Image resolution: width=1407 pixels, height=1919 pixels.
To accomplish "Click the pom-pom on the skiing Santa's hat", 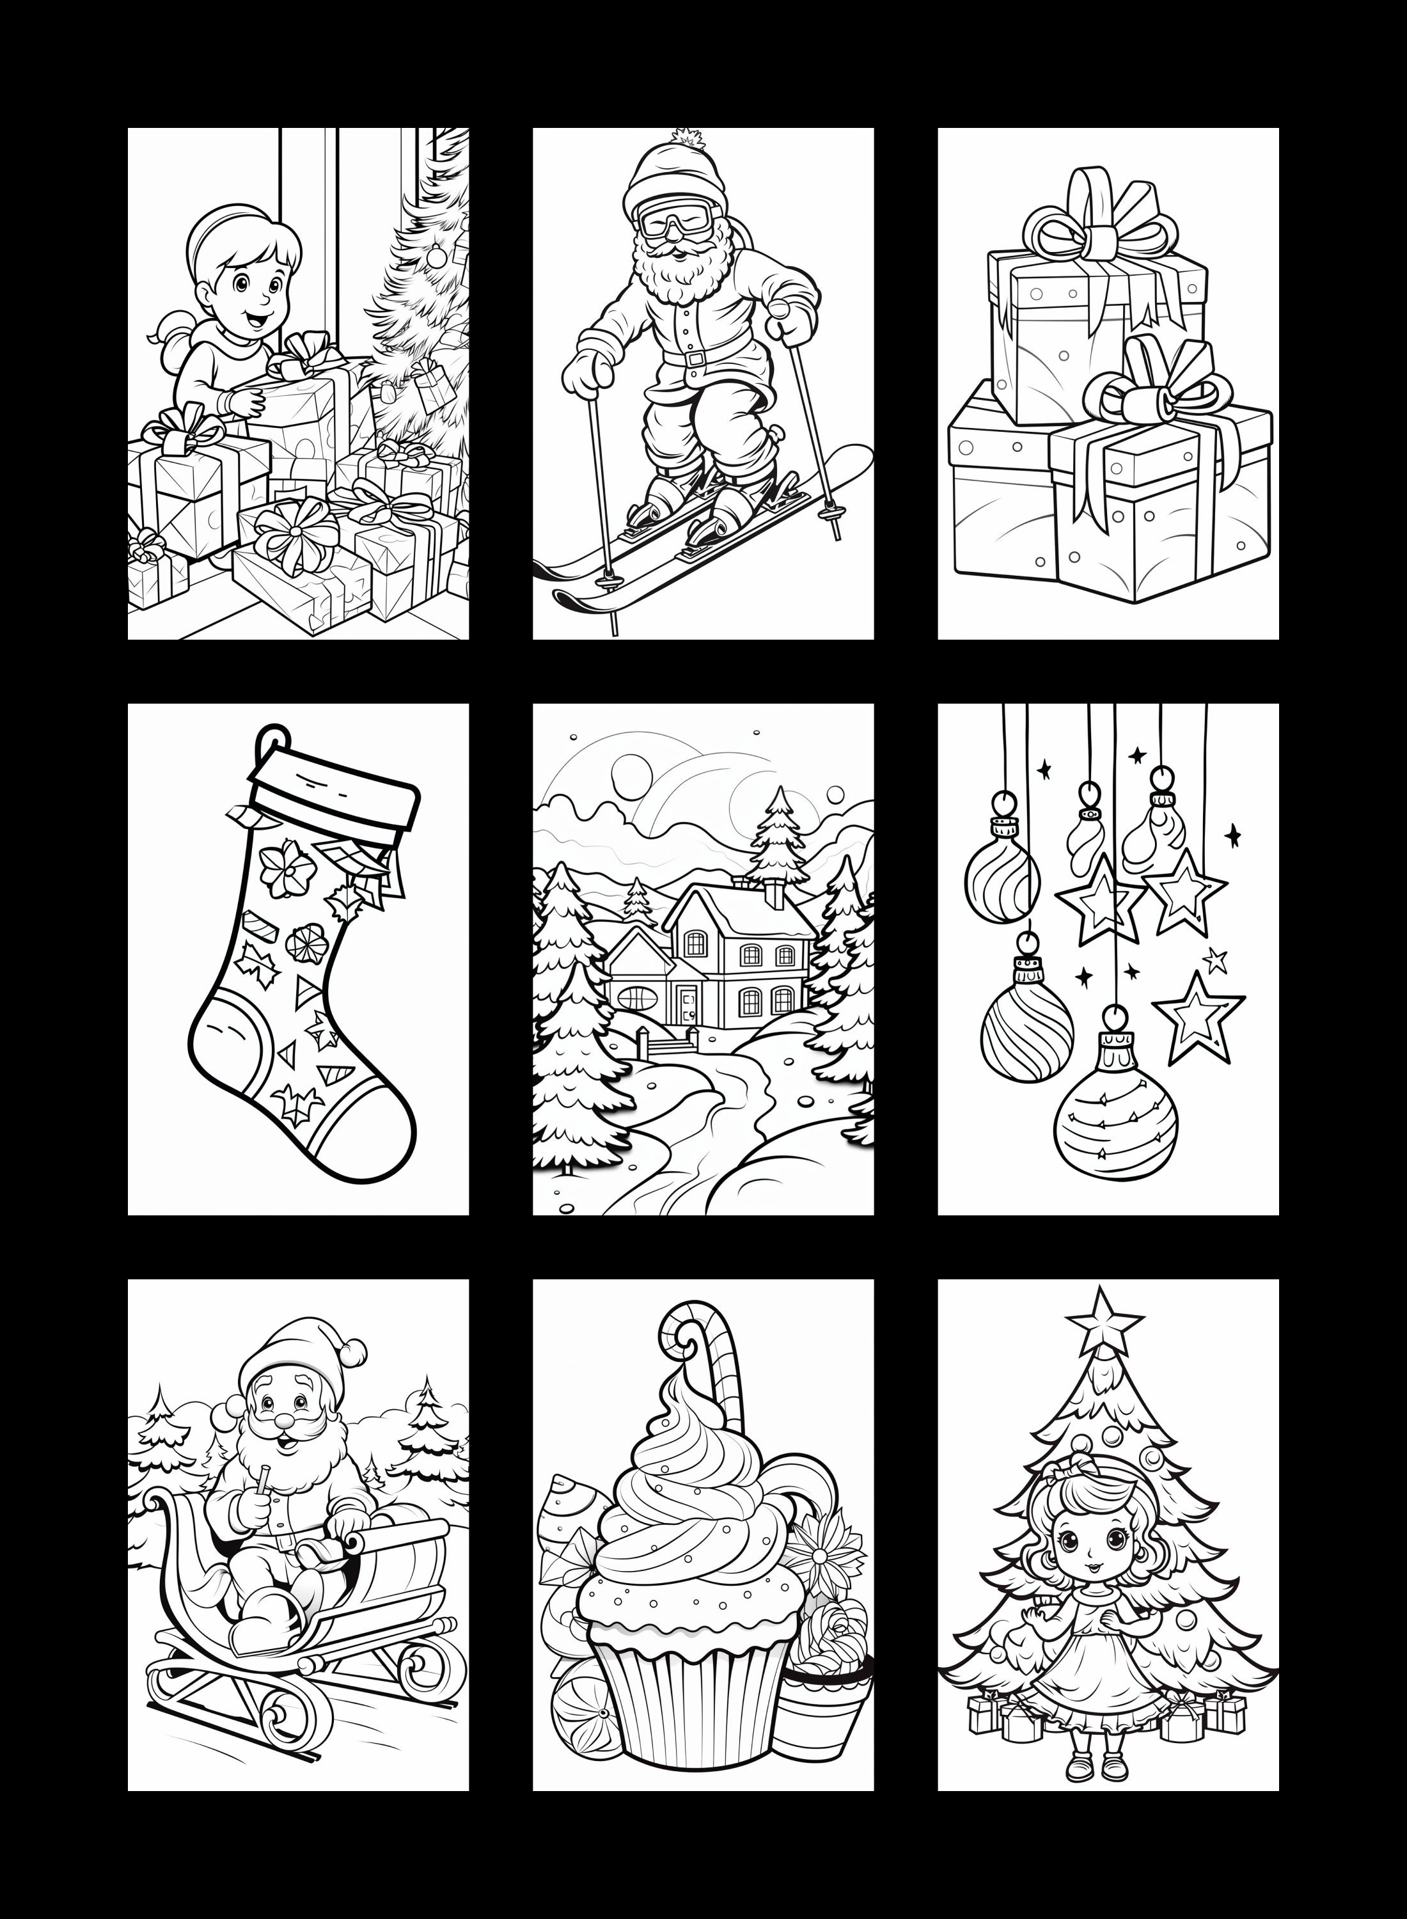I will click(684, 137).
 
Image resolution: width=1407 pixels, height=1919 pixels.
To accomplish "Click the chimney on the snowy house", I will click(774, 895).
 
